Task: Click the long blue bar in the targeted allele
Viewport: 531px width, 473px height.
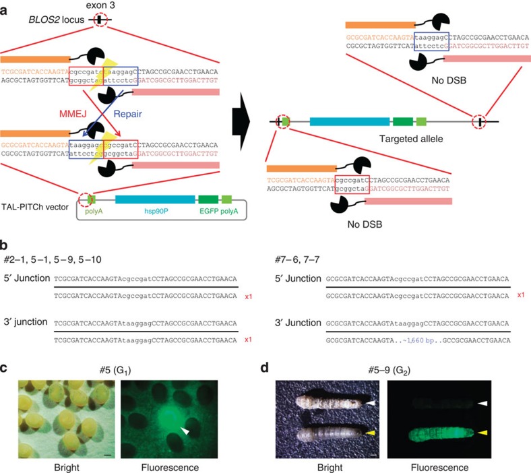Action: click(x=349, y=122)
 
